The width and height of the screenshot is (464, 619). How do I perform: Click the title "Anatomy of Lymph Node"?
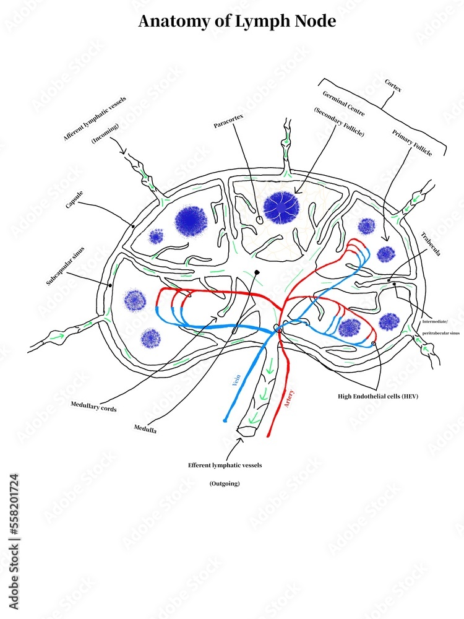tap(237, 21)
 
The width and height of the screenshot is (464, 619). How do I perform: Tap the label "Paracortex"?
tap(227, 125)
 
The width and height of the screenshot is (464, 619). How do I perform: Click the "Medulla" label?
tap(145, 428)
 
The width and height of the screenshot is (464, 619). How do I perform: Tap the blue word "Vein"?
tap(236, 380)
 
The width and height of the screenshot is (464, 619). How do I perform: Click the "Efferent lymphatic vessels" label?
tap(225, 465)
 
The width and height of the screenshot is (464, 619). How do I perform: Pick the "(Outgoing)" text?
tap(224, 483)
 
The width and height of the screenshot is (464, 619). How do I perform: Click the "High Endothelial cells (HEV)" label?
tap(378, 396)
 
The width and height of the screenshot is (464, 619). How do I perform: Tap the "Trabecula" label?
tap(431, 246)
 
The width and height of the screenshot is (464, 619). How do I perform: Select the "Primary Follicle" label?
tap(411, 142)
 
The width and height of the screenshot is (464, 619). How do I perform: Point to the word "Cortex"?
tap(393, 85)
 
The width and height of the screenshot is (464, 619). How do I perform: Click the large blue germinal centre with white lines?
tap(281, 207)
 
